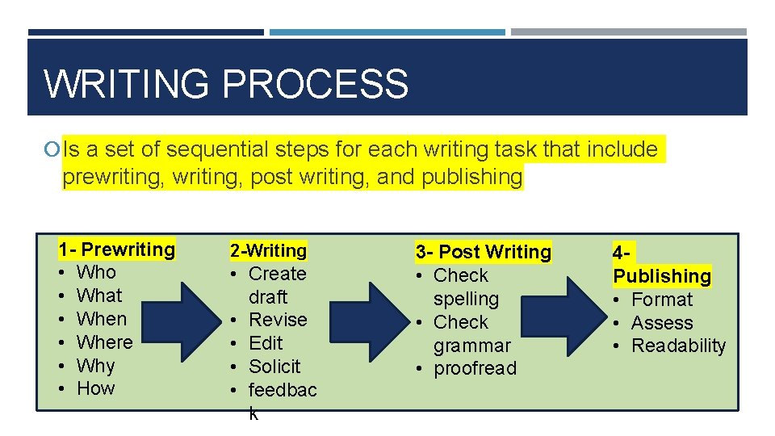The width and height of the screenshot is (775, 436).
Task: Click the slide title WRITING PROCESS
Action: coord(226,84)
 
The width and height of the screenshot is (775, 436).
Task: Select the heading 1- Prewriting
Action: coord(117,249)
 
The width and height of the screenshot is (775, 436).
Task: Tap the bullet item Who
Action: coord(96,272)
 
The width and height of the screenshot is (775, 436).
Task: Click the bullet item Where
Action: coord(104,342)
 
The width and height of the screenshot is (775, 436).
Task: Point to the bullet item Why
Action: coord(95,365)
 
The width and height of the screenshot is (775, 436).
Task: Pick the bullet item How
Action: coord(95,388)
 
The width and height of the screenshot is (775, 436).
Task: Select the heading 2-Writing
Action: coord(268,251)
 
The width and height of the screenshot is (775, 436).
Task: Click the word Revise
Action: coord(278,320)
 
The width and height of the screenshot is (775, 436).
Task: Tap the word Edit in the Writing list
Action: coord(266,343)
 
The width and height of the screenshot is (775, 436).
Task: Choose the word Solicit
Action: coord(274,367)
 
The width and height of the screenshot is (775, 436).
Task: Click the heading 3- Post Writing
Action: coord(483,252)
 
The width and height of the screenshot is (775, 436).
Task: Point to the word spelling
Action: coord(466,299)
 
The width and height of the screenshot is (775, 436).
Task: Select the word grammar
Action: coord(471,346)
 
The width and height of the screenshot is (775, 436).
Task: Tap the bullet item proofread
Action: coord(475,369)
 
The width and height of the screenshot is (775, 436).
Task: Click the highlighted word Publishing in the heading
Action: coord(662,276)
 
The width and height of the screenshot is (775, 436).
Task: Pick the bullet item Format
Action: coord(662,300)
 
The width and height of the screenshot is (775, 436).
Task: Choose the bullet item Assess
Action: coord(662,323)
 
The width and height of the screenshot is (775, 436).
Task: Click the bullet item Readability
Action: coord(678,346)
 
